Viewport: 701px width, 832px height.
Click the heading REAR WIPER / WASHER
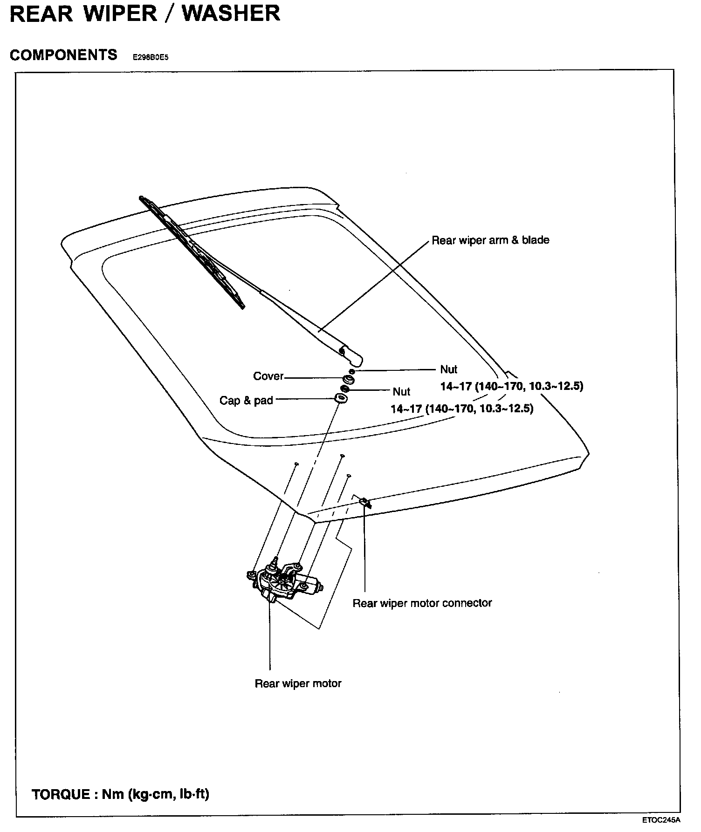coord(144,14)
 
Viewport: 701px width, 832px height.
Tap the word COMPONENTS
coord(63,55)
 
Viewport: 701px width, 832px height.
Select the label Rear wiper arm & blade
coord(490,240)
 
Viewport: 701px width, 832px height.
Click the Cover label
coord(268,376)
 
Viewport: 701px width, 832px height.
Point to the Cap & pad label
coord(246,400)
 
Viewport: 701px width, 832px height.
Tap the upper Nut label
coord(448,369)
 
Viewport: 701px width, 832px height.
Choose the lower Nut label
coord(401,391)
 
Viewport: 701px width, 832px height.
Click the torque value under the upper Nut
coord(512,386)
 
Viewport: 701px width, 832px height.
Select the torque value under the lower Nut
coord(462,409)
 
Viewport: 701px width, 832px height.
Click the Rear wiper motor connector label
coord(422,603)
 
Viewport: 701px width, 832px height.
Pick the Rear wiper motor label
coord(298,683)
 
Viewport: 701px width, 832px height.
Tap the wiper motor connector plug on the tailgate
coord(364,502)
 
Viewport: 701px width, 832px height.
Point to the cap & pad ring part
coord(341,399)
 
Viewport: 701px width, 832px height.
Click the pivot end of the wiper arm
coord(352,356)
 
